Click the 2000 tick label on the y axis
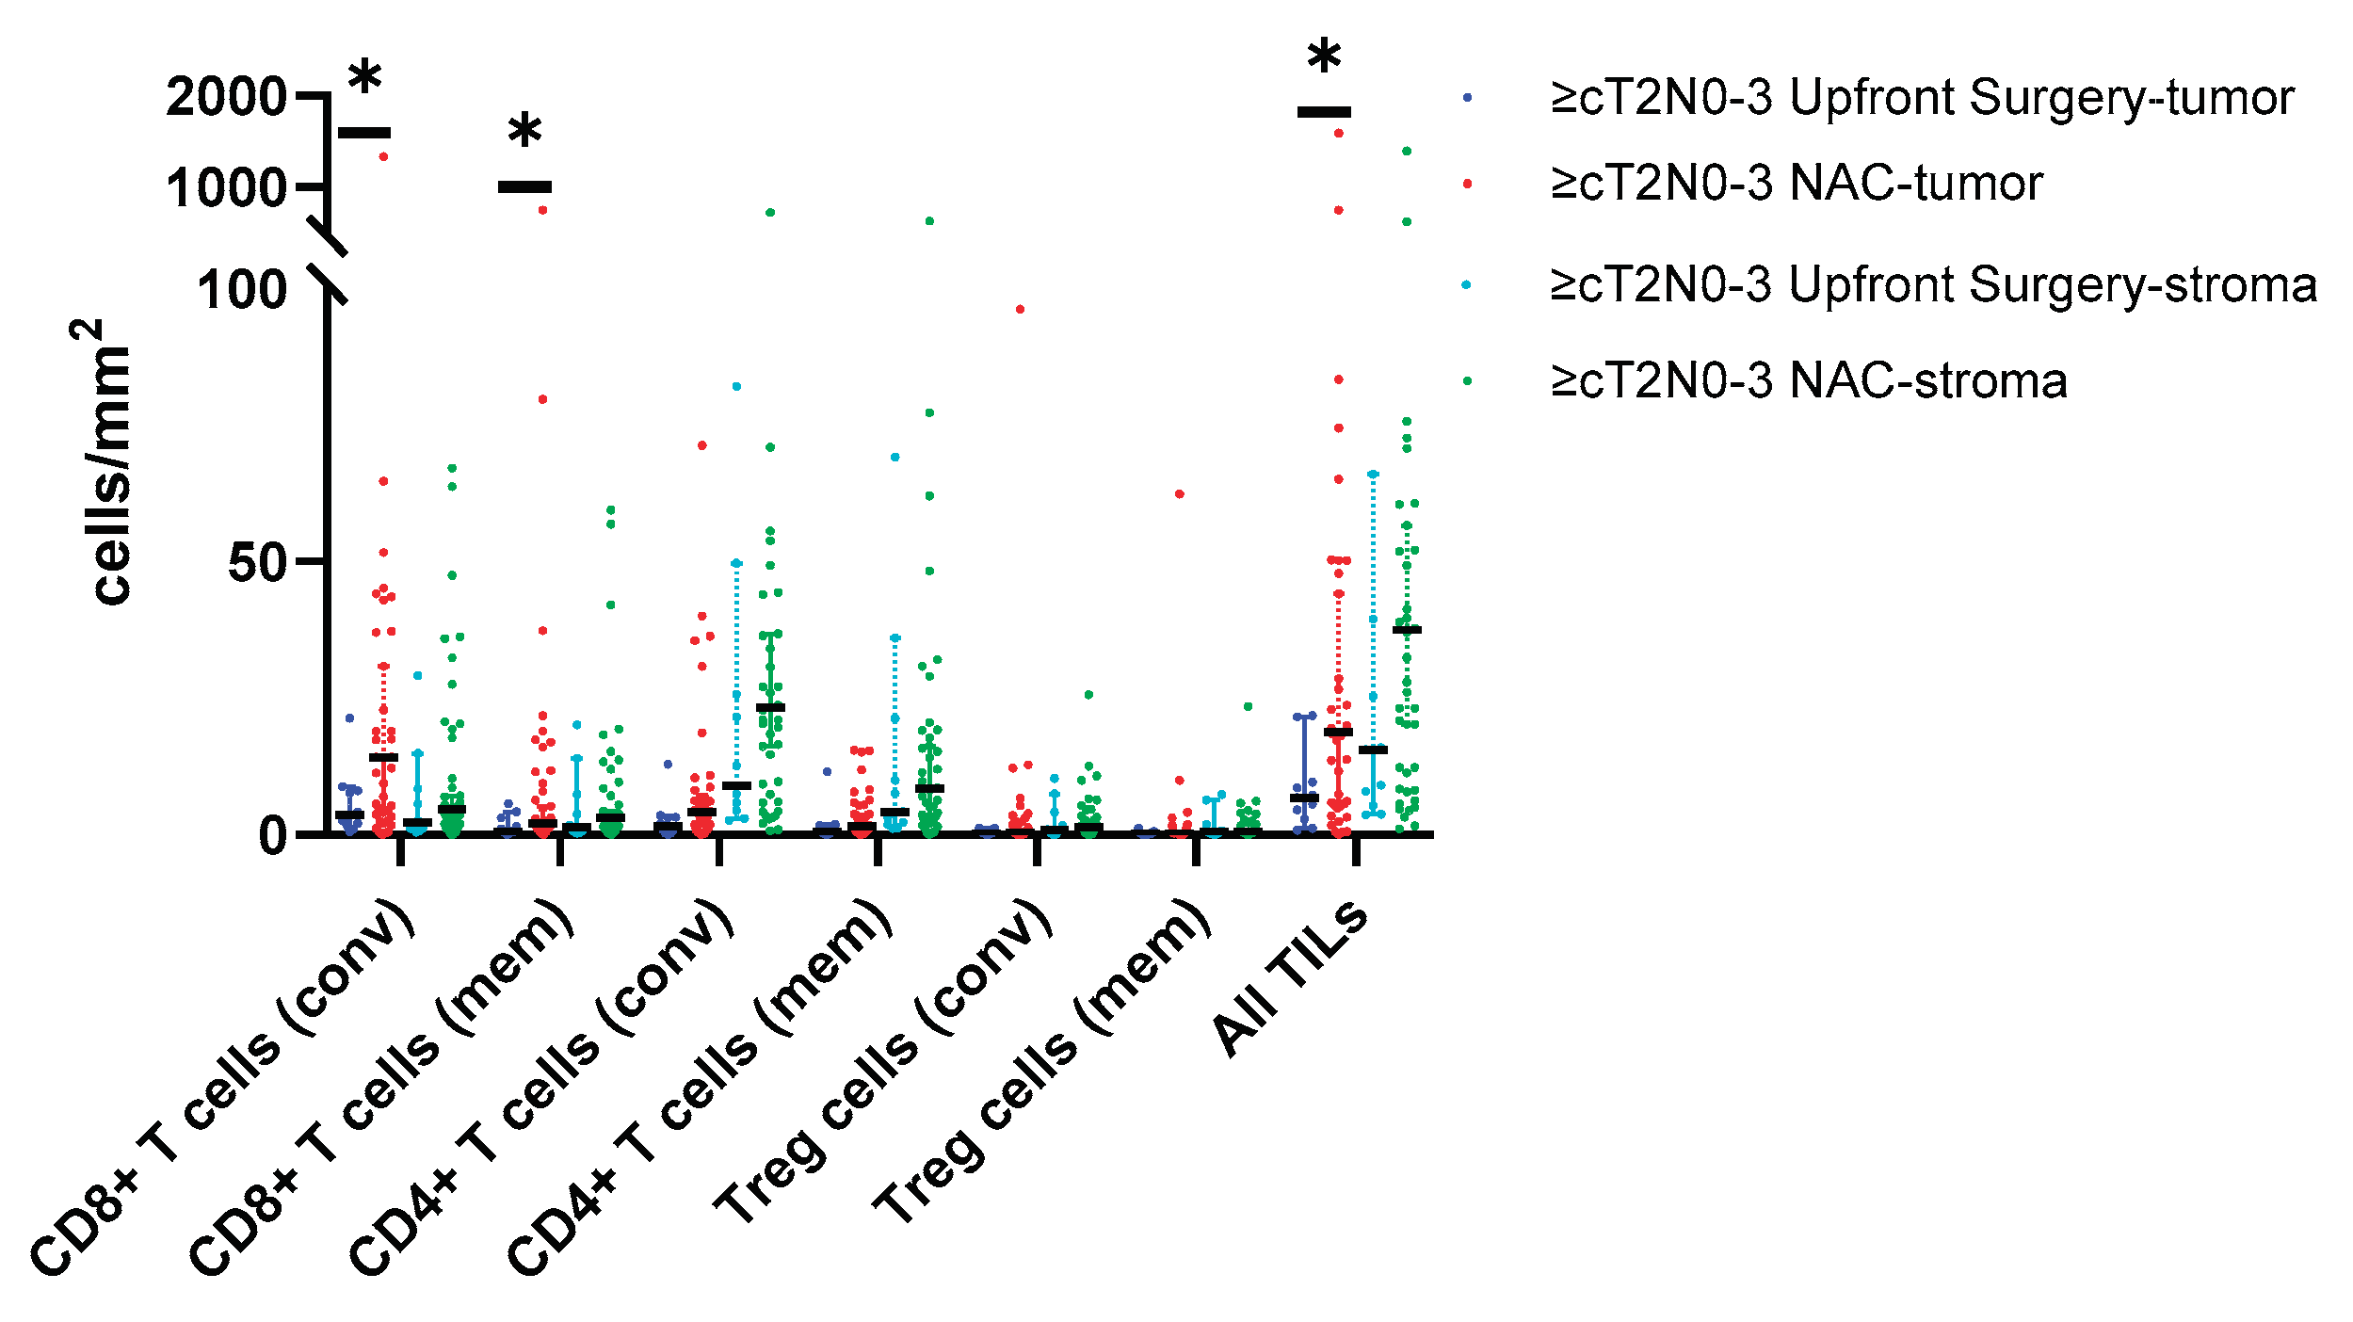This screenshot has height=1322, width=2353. [226, 97]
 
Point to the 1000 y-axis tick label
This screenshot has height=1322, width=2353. [226, 188]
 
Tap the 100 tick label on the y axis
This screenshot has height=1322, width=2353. [242, 289]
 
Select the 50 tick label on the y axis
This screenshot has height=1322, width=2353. [257, 563]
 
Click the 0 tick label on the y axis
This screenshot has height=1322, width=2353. [273, 835]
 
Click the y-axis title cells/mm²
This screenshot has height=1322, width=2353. [102, 461]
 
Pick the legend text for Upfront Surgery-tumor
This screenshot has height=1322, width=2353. [1922, 98]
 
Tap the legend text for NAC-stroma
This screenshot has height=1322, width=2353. [1809, 380]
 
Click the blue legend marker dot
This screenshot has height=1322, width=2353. [1467, 98]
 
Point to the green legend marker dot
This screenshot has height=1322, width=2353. [1467, 381]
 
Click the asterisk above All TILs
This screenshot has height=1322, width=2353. [1324, 58]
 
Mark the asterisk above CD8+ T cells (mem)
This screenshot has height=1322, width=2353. [524, 133]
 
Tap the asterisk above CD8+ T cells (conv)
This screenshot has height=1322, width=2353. [365, 79]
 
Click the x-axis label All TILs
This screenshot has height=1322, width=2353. [1290, 979]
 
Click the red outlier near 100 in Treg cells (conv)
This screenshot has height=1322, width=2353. [1020, 309]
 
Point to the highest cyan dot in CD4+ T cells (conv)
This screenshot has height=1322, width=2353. [736, 386]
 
